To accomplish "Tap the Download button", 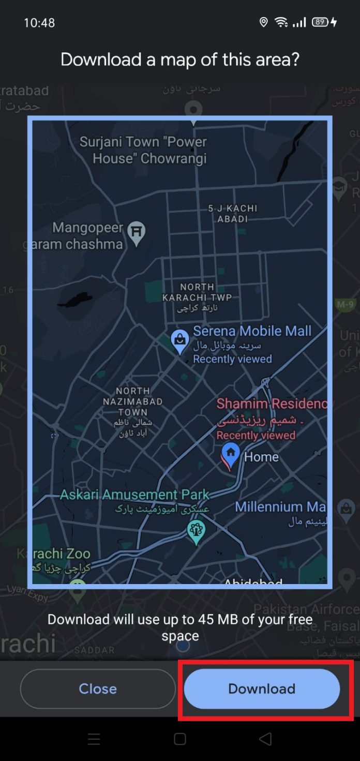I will point(262,689).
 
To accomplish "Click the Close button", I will point(98,689).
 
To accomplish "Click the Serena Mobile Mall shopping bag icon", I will point(180,341).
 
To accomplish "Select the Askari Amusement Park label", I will point(134,495).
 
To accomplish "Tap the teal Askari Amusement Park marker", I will point(196,531).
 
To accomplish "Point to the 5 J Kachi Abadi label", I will point(232,213).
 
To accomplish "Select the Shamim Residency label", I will point(272,404).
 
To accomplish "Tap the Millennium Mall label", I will point(280,507).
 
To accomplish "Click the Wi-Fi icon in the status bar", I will point(281,22).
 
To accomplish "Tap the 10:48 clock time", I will point(39,23).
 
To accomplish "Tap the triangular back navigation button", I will point(265,739).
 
